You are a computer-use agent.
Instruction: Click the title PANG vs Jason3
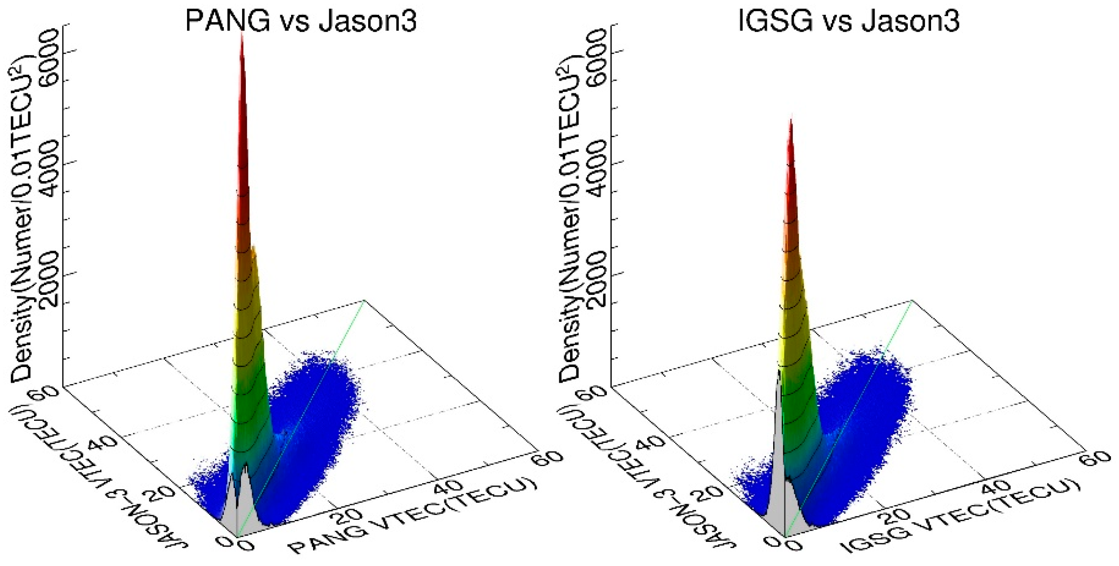[x=300, y=21]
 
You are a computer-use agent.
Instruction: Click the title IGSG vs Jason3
[x=849, y=21]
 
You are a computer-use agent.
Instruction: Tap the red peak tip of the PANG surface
[x=242, y=36]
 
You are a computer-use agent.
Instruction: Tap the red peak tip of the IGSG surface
[x=791, y=120]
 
